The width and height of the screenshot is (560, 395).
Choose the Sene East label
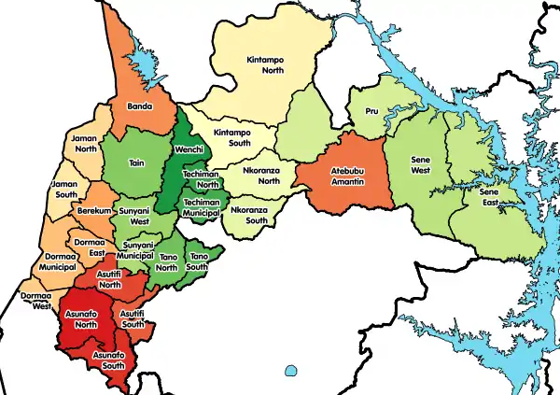click(x=489, y=197)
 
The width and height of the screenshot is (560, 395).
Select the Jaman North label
click(x=85, y=142)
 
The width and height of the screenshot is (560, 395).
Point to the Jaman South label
click(x=64, y=190)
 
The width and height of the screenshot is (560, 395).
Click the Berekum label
click(x=94, y=213)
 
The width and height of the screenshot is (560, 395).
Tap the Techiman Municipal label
click(x=202, y=207)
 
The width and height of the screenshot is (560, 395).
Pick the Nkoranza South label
click(x=250, y=217)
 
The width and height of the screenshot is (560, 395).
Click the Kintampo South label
click(x=232, y=139)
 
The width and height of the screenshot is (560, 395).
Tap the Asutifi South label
click(x=133, y=317)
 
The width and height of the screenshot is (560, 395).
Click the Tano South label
click(x=199, y=261)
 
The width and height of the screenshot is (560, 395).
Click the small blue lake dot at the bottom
click(x=290, y=371)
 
